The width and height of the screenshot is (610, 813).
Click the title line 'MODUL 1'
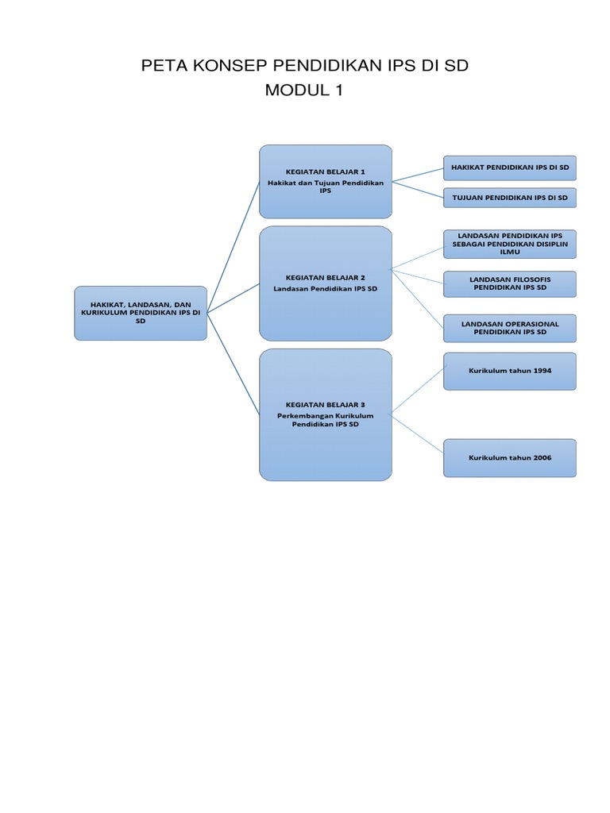[x=304, y=91]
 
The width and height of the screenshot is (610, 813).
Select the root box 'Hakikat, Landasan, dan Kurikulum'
[x=141, y=313]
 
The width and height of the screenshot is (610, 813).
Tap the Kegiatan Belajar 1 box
[x=325, y=181]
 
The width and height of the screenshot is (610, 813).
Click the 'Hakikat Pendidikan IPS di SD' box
[x=509, y=168]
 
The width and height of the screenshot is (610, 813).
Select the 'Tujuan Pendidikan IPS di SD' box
[x=509, y=197]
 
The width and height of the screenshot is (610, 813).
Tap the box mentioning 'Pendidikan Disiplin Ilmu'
[x=509, y=244]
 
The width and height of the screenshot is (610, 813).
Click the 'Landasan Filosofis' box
[x=509, y=283]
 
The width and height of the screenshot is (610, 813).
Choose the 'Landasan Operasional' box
[x=509, y=328]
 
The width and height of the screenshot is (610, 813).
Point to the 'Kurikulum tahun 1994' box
[x=509, y=371]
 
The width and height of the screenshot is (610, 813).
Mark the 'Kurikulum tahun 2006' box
[x=509, y=458]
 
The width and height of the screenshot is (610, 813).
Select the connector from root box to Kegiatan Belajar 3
[x=234, y=363]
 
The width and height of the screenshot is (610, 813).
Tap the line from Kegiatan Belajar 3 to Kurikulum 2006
[x=418, y=432]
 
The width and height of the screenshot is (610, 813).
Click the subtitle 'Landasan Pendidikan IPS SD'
[x=325, y=288]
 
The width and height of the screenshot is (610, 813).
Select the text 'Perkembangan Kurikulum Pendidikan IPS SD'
[x=325, y=420]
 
